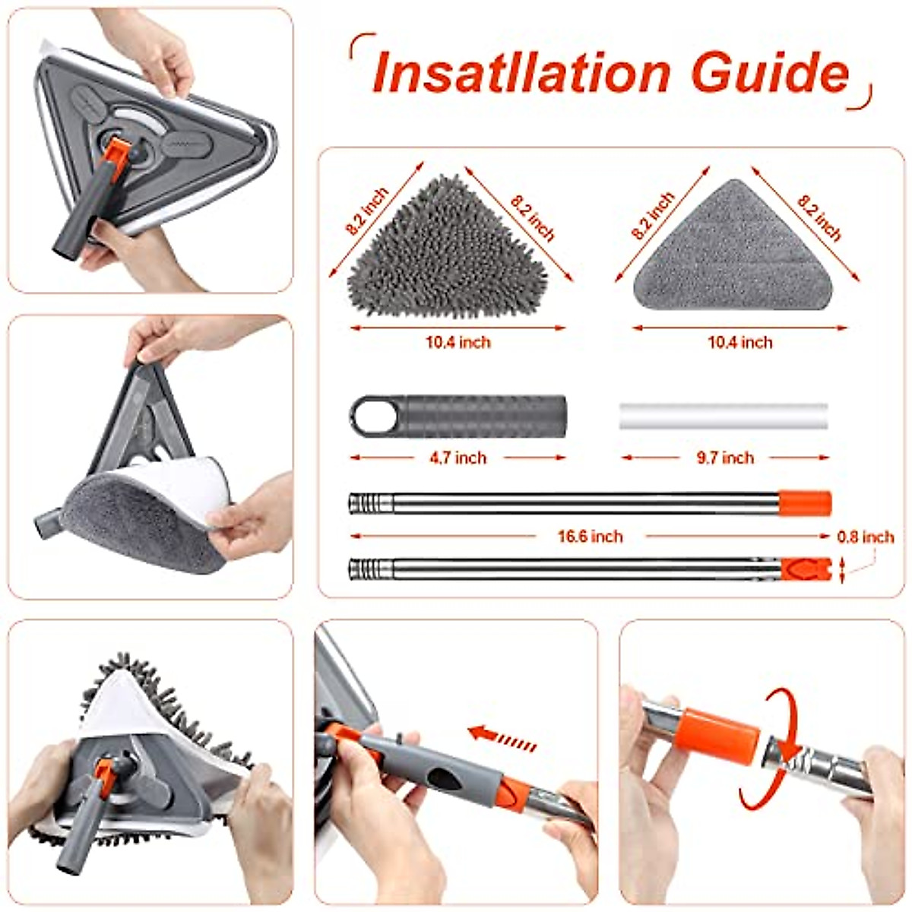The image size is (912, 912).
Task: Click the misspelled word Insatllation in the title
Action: [521, 73]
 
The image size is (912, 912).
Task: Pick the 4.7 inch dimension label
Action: [458, 458]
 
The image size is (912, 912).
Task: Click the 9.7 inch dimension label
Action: [726, 458]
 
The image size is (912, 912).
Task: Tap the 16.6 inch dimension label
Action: [590, 537]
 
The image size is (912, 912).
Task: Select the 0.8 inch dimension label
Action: [866, 537]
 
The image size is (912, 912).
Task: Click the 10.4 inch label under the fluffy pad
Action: [458, 342]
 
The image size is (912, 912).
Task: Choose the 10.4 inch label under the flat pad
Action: [739, 342]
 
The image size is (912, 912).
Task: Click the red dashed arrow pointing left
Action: [502, 735]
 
